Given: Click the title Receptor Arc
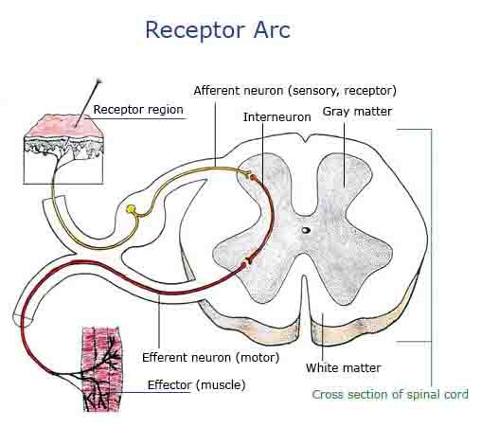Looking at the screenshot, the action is (x=218, y=30).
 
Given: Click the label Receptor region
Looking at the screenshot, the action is (x=138, y=110).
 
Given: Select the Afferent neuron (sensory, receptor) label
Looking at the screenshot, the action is (x=294, y=91).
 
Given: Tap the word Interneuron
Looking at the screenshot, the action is (x=276, y=117).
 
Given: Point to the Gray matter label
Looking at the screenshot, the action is (x=357, y=112).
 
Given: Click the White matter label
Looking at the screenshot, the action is (x=343, y=368).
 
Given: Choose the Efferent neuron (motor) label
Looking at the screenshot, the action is (x=211, y=358).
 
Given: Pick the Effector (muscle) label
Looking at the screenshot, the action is (x=196, y=385).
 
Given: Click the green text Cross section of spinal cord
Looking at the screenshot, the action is (x=390, y=395).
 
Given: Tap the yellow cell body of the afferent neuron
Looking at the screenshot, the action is (x=131, y=208).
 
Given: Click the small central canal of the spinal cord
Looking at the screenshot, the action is (x=306, y=230).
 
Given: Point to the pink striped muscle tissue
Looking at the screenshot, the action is (x=101, y=368).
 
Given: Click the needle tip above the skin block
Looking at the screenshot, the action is (x=100, y=80).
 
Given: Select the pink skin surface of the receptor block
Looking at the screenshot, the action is (x=64, y=126).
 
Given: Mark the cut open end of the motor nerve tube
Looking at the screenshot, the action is (x=23, y=319).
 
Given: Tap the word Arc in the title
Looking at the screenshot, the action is (x=272, y=30).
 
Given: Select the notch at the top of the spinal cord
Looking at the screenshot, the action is (x=306, y=139).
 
